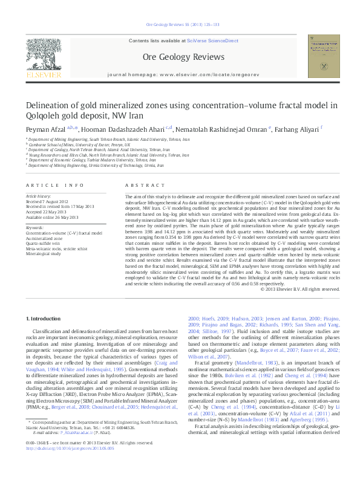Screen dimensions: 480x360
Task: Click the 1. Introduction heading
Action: click(x=46, y=301)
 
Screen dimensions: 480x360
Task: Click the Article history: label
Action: click(x=39, y=196)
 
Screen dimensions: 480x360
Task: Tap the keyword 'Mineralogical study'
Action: click(x=43, y=254)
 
